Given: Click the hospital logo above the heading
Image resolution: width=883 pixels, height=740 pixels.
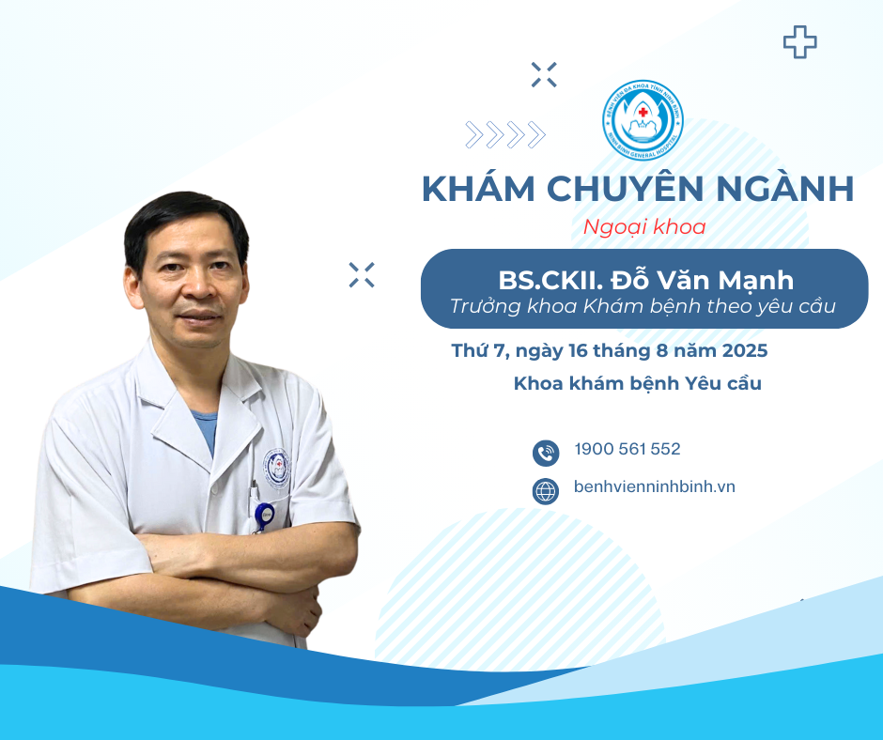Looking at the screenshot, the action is tap(643, 120).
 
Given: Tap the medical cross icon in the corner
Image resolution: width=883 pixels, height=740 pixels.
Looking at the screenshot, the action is tap(799, 41).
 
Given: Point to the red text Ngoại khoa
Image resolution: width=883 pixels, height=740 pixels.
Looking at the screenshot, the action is tap(644, 227).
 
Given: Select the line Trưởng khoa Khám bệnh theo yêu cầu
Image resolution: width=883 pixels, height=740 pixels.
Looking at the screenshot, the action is tap(643, 306).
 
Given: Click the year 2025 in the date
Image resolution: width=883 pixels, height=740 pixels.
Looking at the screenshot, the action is tap(745, 351).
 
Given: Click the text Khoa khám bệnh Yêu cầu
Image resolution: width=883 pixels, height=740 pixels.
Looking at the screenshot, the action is tap(638, 383).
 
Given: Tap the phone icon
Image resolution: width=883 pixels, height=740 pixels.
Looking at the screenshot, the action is tap(546, 454).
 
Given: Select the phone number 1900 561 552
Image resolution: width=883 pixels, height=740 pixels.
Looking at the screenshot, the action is tap(627, 449).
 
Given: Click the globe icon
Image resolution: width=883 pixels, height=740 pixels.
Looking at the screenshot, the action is tap(546, 491).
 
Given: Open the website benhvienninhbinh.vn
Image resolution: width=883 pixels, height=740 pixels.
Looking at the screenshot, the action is tap(655, 486).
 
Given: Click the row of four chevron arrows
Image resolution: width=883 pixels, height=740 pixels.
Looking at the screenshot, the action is tap(505, 135).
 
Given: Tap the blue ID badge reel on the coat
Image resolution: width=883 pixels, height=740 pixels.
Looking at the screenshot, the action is tap(264, 515).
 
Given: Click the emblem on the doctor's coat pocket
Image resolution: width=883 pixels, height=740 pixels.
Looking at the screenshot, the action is tap(277, 469).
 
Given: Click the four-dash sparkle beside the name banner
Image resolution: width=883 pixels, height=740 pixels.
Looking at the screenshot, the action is tap(362, 275).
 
